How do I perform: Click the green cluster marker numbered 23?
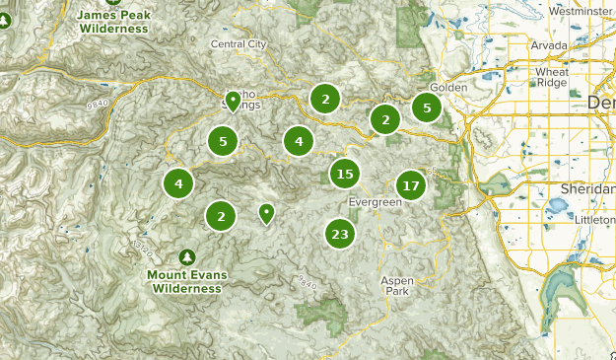point(340,234)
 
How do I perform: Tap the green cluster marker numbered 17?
point(411,184)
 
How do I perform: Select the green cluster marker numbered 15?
point(344,175)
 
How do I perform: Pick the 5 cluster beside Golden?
point(427,108)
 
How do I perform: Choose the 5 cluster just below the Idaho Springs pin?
point(224,142)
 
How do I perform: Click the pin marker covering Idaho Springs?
point(233,100)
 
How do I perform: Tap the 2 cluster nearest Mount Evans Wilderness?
point(222,216)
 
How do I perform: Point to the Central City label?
point(239,44)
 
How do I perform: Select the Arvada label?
point(549,45)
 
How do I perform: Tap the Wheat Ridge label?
point(552,78)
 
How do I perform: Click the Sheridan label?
point(587,187)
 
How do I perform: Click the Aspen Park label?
point(398,286)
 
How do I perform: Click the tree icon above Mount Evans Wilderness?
point(187,256)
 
